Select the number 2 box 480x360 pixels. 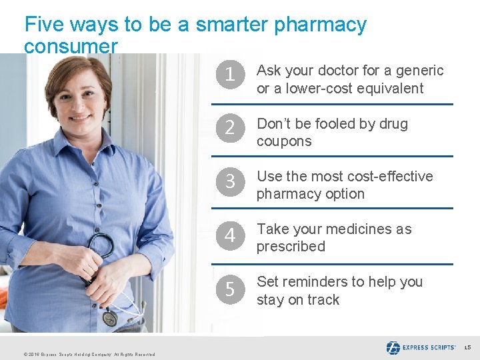point(230,129)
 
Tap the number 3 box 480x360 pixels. point(230,181)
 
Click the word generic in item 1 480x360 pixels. point(419,71)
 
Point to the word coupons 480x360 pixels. point(284,141)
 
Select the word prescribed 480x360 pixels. point(291,247)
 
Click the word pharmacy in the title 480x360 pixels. point(321,25)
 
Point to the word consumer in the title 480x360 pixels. point(71,47)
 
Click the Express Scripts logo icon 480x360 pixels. point(393,347)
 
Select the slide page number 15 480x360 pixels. point(468,347)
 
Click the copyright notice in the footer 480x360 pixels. point(89,355)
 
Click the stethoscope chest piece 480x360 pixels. point(110,319)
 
